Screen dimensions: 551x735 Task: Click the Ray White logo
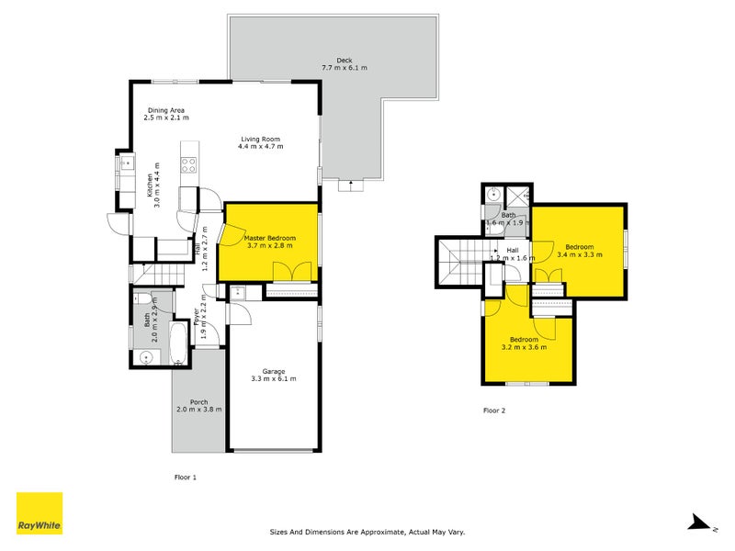click(x=40, y=513)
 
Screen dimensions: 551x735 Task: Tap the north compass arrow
click(x=699, y=523)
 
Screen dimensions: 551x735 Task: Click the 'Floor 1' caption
click(x=186, y=477)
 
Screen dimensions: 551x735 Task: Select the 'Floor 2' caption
click(x=494, y=410)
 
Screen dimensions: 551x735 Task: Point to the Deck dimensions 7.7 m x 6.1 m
click(x=345, y=68)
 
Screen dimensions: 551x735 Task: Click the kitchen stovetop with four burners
click(x=189, y=166)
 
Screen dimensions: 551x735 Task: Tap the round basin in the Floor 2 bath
click(x=493, y=194)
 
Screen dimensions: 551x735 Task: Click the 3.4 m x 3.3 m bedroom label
click(x=579, y=251)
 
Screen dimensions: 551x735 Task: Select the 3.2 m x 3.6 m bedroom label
click(x=525, y=343)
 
